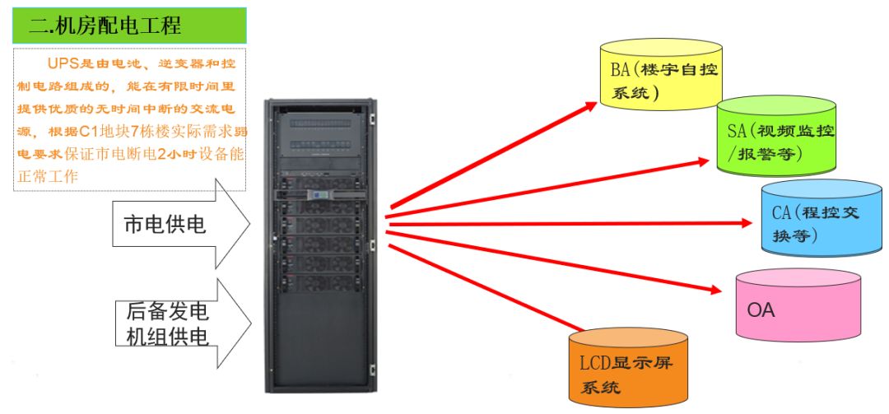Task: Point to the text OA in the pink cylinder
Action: [x=761, y=310]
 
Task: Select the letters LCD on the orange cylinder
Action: [x=595, y=361]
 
